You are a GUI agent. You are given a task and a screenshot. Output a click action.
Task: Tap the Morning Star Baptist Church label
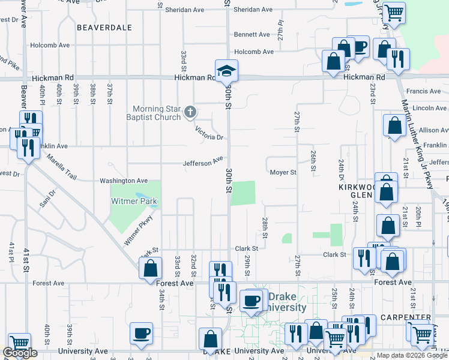[x=157, y=113]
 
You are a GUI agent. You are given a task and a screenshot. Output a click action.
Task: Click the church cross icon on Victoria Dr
[x=190, y=111]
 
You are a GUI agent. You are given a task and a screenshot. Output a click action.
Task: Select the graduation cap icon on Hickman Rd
[x=226, y=71]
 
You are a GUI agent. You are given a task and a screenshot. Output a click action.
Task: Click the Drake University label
[x=287, y=302]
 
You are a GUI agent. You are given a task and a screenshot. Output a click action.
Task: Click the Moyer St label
[x=283, y=173]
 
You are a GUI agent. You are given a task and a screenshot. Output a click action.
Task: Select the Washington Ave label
[x=124, y=181]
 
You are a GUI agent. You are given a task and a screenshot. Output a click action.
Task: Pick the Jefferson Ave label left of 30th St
[x=203, y=163]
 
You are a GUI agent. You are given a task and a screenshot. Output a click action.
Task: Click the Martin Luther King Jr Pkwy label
[x=418, y=144]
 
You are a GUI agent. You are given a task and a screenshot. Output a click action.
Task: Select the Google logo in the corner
[x=19, y=353]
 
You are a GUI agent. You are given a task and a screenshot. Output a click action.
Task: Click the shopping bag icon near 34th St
[x=150, y=269]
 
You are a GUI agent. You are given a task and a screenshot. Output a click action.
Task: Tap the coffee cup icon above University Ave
[x=142, y=334]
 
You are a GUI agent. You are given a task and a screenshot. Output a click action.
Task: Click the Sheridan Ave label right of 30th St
[x=253, y=10]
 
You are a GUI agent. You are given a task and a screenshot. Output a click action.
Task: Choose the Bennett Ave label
[x=253, y=35]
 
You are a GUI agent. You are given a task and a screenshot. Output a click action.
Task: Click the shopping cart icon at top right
[x=394, y=13]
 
